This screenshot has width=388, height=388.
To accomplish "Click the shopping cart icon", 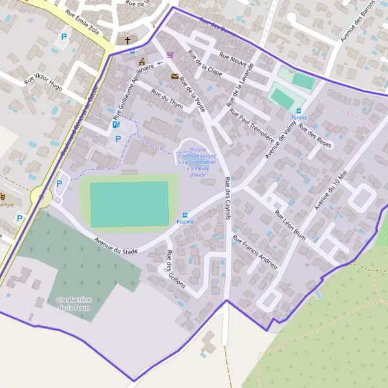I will click(x=170, y=55).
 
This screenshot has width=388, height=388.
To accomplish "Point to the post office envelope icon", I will click(x=174, y=76).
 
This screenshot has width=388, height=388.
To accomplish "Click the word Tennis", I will click(x=298, y=118).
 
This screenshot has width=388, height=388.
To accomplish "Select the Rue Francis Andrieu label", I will click(x=255, y=252).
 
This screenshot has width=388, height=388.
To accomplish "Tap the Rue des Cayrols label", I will click(x=228, y=197).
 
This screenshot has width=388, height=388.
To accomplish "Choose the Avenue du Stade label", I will click(x=116, y=246).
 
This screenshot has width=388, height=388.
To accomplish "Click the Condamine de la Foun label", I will click(x=73, y=303).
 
